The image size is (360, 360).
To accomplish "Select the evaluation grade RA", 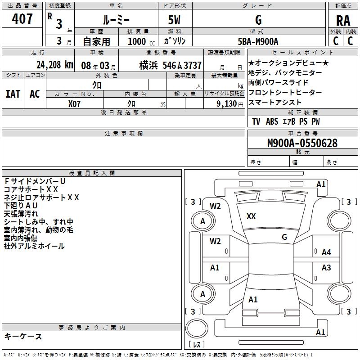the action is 343,20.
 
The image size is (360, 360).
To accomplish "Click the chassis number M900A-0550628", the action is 302,143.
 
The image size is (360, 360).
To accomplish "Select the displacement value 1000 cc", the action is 140,41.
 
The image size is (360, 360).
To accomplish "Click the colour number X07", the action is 74,103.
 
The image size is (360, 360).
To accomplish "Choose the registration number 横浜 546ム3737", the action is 170,65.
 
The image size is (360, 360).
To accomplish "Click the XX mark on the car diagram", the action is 251,216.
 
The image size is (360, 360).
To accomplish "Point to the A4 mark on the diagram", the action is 326,252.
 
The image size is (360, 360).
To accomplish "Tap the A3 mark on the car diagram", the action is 326,268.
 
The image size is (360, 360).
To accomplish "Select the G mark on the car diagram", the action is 284,237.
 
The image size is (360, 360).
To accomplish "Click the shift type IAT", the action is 13,94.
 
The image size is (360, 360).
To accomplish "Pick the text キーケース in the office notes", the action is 23,336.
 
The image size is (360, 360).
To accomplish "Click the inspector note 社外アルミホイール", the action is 34,246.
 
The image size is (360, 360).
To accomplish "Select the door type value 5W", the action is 175,20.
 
